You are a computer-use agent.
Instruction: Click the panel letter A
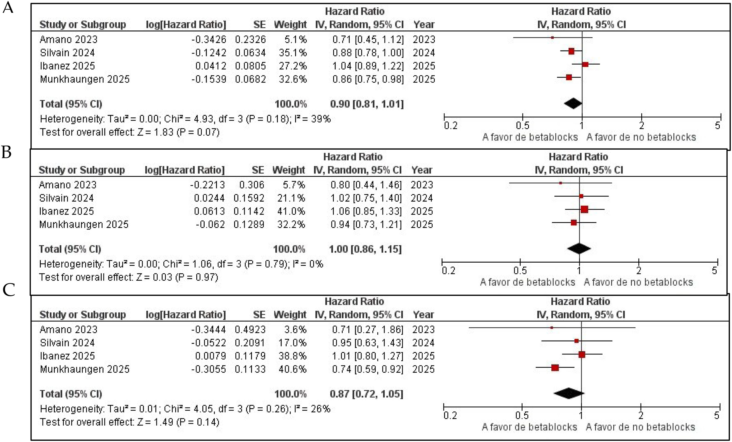click(8, 7)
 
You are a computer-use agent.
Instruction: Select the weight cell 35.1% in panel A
click(293, 53)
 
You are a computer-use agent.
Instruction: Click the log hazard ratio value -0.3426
click(209, 39)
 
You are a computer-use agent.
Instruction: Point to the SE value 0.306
click(252, 185)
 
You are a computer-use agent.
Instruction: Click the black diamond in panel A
click(573, 104)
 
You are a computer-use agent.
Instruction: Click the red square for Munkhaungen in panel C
click(555, 368)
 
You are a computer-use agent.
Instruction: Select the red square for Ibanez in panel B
click(584, 209)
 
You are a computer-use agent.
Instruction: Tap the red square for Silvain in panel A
click(571, 51)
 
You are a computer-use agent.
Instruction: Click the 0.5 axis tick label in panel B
click(520, 270)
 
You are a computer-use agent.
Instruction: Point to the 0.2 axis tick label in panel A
click(451, 125)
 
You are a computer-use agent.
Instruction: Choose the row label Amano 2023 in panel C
click(69, 329)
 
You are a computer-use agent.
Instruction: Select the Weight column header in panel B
click(288, 170)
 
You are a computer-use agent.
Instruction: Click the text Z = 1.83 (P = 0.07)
click(178, 132)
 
